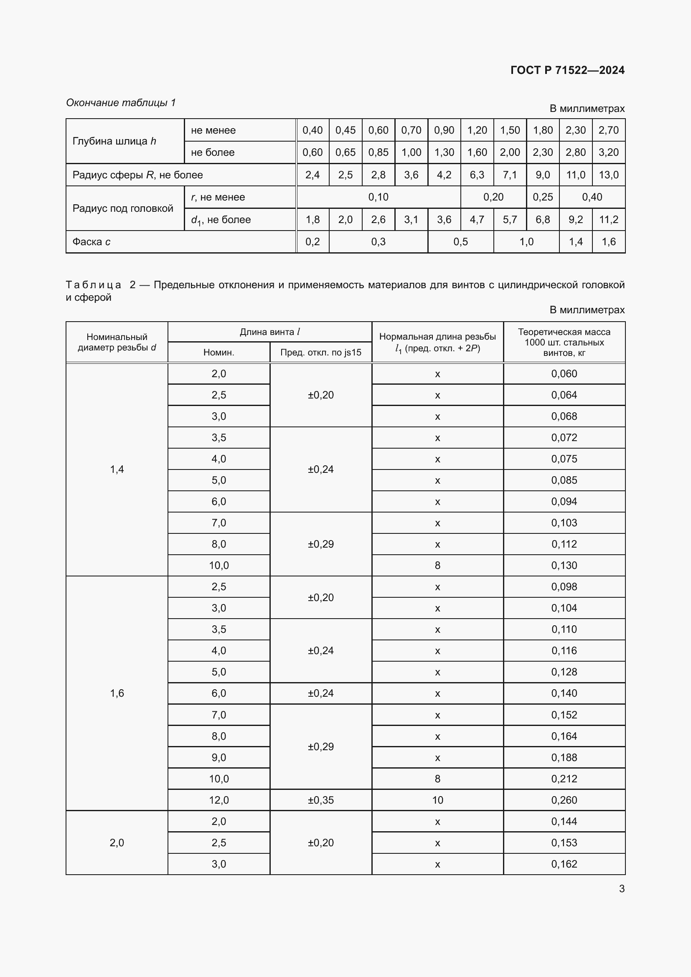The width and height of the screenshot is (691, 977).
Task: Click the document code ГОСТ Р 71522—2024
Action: coord(567,70)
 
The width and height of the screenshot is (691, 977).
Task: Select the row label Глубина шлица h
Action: coord(114,141)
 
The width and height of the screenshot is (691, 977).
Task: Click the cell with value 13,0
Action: coord(608,175)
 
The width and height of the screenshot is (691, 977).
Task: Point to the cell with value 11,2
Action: coord(608,220)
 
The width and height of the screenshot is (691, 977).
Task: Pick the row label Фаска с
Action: coord(91,242)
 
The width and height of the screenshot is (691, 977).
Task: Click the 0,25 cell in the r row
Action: coord(543,197)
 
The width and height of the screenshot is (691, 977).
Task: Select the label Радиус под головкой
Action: coord(122,208)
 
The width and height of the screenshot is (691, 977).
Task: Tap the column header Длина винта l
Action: coord(270,332)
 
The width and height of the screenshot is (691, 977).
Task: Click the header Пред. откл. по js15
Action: coord(320,353)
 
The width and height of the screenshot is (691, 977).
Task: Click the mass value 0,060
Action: coord(564,373)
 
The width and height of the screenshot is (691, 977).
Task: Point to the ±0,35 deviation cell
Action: coord(320,800)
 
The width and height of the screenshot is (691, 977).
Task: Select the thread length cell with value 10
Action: coord(437,800)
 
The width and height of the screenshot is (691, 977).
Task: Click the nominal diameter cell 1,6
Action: coord(117,693)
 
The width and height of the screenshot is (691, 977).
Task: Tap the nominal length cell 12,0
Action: coord(218,800)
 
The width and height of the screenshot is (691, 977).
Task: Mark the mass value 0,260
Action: coord(564,800)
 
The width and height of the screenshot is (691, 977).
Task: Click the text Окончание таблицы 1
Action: coord(121,103)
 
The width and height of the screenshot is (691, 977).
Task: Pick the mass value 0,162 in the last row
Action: coord(564,864)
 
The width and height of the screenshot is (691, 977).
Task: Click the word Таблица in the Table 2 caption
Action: coord(94,285)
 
